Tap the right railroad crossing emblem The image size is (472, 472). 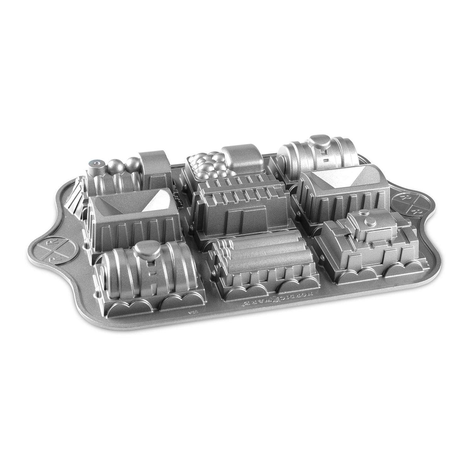408,201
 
